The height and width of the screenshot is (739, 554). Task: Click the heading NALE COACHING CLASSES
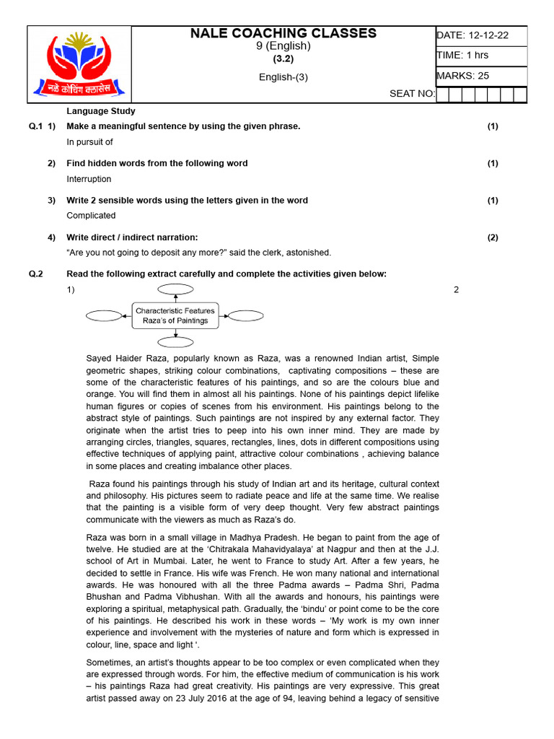point(283,33)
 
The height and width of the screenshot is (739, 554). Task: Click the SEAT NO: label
point(412,94)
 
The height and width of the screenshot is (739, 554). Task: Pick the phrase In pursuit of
point(89,142)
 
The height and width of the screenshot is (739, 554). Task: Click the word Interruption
point(89,179)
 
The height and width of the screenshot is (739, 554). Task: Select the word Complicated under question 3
point(91,216)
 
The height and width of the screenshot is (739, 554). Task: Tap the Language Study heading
point(101,111)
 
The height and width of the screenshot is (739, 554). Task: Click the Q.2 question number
point(36,274)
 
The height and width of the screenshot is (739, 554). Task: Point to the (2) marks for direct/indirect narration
point(492,237)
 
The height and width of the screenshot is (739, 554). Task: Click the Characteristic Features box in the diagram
point(175,315)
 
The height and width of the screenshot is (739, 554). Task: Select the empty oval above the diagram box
point(175,289)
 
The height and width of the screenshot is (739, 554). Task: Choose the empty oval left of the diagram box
point(105,315)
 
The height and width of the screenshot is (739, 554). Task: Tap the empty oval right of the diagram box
point(245,315)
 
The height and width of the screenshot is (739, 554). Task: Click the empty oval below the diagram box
point(175,342)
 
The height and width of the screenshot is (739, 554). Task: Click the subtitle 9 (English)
point(283,46)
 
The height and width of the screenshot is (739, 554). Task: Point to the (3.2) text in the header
point(283,59)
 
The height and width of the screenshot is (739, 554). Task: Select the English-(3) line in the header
point(283,77)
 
